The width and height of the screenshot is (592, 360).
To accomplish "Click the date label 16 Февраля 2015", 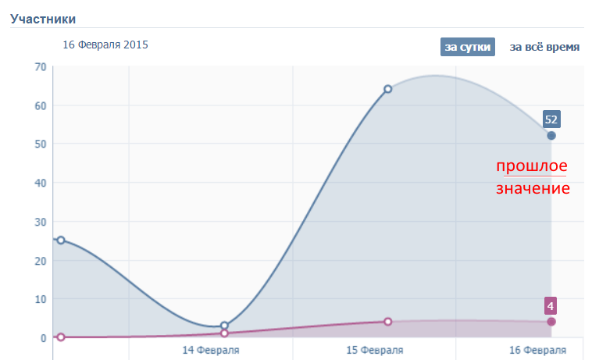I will [x=105, y=45].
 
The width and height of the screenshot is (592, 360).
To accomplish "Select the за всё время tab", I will [x=544, y=47].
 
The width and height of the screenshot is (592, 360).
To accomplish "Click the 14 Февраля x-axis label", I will [x=211, y=350].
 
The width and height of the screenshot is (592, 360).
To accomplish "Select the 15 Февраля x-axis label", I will [x=375, y=350].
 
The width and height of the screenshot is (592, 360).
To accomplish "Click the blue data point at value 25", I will [x=61, y=241].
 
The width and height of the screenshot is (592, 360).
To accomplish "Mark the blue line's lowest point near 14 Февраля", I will [x=224, y=326].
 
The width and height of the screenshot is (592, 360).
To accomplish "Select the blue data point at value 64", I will [x=387, y=89].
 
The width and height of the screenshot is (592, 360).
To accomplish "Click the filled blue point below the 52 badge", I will [x=551, y=136].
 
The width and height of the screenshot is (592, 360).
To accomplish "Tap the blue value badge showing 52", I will [x=551, y=119].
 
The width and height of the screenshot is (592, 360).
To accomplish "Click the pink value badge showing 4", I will [x=551, y=305].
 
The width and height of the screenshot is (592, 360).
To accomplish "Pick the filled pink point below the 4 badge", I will [x=551, y=322].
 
